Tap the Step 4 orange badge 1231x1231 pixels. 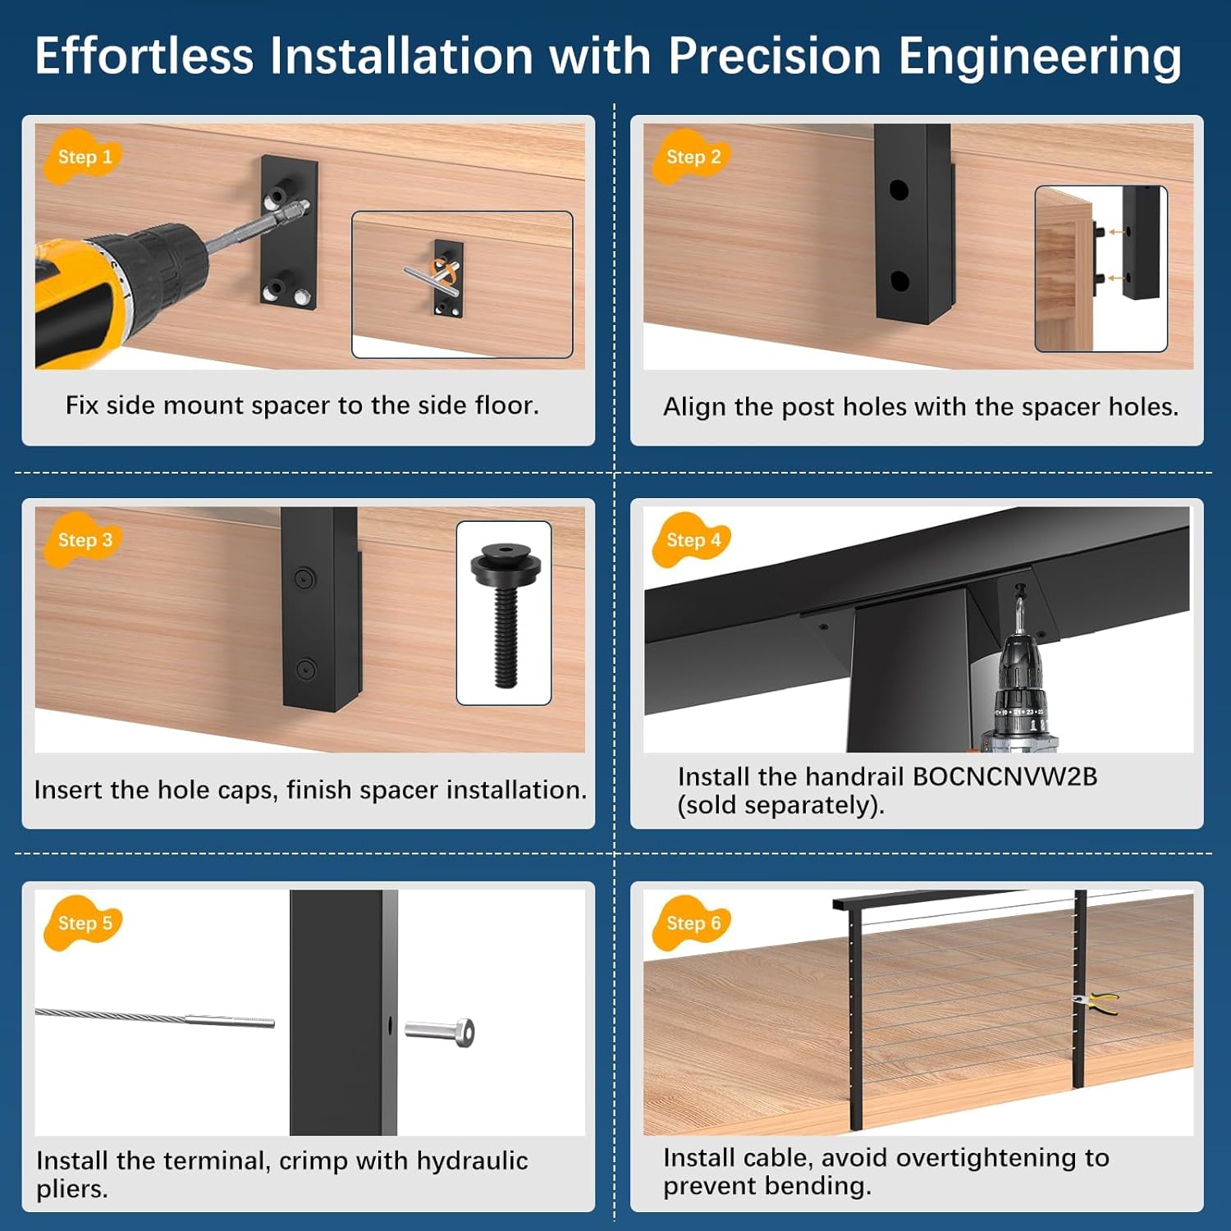coord(693,540)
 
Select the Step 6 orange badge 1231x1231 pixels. coord(693,923)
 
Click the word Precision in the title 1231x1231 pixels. coord(774,57)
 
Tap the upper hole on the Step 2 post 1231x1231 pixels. coord(899,190)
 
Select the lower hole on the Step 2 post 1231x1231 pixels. coord(899,281)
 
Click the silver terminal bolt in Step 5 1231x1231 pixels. coord(442,1031)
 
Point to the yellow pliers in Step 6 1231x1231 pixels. coord(1096,1002)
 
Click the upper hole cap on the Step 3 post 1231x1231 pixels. coord(304,579)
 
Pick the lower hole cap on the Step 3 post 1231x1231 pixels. coord(305,670)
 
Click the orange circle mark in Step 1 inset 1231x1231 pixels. coord(444,271)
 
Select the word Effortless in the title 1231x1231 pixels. coord(144,57)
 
